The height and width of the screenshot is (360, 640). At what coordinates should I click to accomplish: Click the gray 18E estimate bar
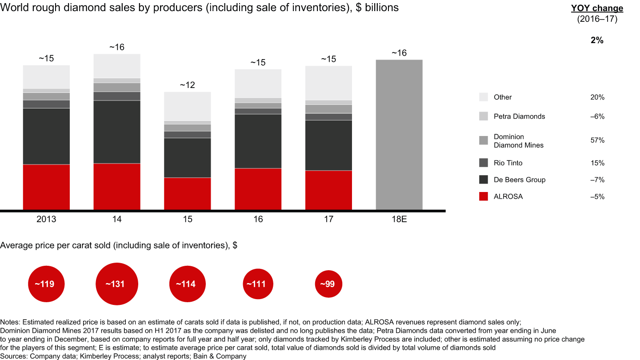tap(399, 134)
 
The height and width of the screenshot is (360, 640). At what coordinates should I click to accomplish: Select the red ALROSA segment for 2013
tap(46, 187)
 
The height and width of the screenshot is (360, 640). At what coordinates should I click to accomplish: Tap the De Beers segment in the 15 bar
tap(188, 157)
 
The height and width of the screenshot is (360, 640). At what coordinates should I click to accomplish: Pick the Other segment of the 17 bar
tap(328, 83)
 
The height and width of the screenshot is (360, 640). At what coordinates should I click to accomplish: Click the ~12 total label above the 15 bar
tap(188, 85)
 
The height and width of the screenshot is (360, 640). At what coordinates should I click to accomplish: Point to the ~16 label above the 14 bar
tap(117, 47)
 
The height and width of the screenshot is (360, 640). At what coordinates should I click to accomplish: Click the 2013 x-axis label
tap(46, 219)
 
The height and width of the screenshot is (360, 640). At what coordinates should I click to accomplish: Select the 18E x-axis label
tap(399, 219)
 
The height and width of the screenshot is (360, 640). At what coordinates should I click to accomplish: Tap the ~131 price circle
tap(117, 284)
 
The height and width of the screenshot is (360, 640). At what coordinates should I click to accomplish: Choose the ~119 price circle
tap(46, 284)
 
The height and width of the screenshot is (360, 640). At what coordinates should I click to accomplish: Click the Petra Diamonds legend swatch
tap(484, 116)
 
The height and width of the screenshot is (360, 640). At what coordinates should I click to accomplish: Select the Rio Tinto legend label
tap(508, 163)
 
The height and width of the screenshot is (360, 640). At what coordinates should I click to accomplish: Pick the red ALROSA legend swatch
tap(484, 196)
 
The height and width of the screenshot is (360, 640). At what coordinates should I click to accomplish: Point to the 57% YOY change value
tap(597, 140)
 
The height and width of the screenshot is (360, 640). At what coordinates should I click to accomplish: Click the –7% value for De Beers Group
tap(597, 180)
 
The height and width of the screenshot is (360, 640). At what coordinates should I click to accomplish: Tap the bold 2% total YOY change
tap(597, 40)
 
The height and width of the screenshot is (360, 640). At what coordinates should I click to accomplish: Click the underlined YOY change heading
tap(597, 8)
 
